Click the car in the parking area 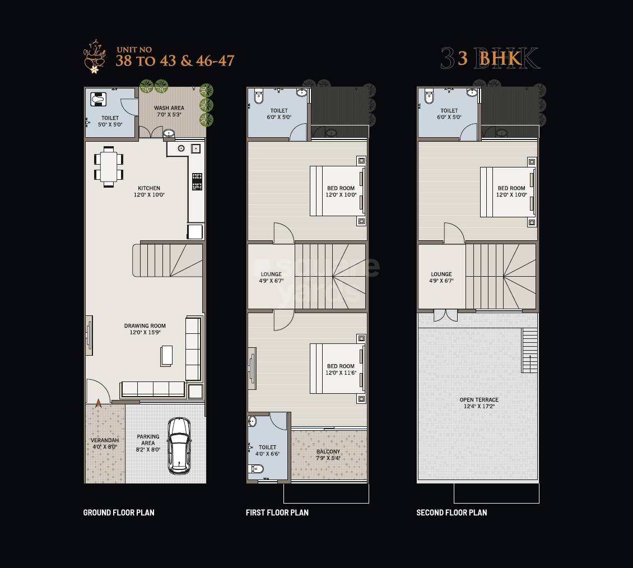click(x=179, y=446)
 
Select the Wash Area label click(x=169, y=111)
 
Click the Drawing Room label click(x=145, y=329)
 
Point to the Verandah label click(x=105, y=443)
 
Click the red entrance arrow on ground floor click(x=99, y=402)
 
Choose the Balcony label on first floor click(x=328, y=455)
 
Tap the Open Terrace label click(x=479, y=403)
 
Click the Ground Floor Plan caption click(x=119, y=513)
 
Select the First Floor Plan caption click(x=277, y=513)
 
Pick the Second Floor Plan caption click(x=452, y=513)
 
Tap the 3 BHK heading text click(x=490, y=58)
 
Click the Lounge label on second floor click(x=441, y=278)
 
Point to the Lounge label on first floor click(x=271, y=278)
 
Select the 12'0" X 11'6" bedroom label click(x=341, y=370)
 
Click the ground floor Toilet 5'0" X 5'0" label click(x=110, y=121)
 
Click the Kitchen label click(x=149, y=192)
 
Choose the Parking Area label click(x=148, y=443)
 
